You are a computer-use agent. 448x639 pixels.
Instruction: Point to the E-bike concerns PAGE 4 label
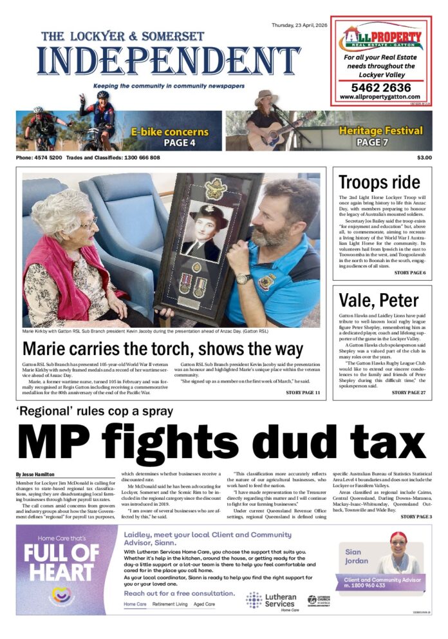[x=169, y=137]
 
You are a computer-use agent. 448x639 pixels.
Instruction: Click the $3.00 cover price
[x=424, y=158]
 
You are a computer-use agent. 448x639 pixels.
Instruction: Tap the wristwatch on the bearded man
[x=245, y=278]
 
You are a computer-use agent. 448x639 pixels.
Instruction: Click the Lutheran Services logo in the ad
[x=271, y=600]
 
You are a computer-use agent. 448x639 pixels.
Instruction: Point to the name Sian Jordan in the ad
[x=353, y=556]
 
